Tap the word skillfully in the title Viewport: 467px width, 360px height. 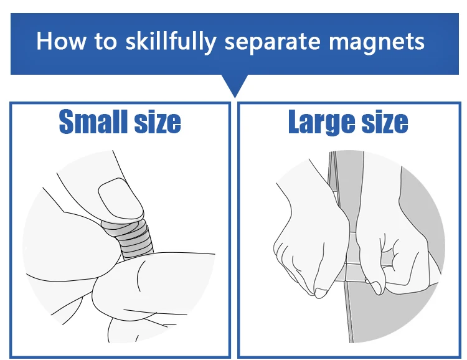tap(171, 42)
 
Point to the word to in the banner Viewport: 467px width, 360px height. tap(105, 42)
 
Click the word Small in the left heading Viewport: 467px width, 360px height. tap(93, 121)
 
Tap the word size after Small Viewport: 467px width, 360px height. tap(158, 122)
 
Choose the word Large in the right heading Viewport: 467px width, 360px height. tap(321, 123)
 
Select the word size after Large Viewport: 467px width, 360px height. tap(385, 122)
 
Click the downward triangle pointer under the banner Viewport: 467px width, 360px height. tap(235, 85)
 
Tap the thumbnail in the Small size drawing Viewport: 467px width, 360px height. tap(121, 198)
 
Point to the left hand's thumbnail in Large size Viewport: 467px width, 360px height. tap(321, 293)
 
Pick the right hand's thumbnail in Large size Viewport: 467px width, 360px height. tap(375, 287)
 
